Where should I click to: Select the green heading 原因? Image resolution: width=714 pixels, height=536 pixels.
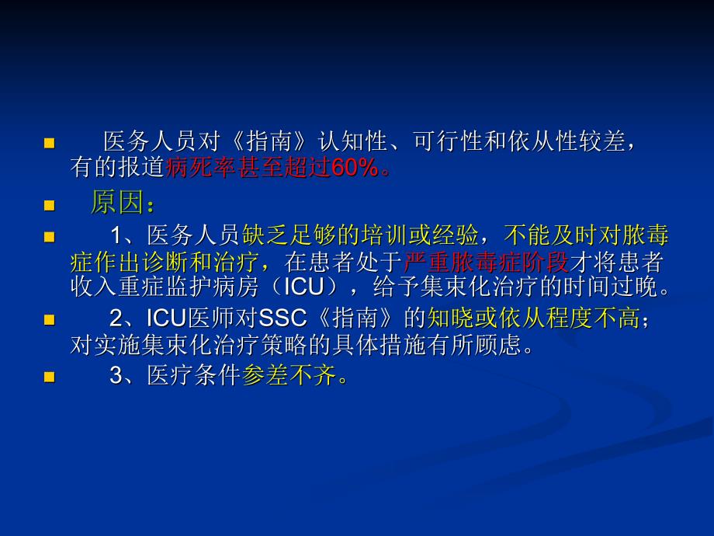click(x=117, y=203)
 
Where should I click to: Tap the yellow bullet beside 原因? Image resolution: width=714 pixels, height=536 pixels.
click(x=49, y=206)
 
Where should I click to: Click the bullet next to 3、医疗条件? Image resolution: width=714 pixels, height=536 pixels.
click(x=49, y=377)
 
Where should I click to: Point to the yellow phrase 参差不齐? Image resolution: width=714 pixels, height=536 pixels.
click(x=289, y=375)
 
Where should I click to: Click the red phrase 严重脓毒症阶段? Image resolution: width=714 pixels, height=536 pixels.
click(x=486, y=262)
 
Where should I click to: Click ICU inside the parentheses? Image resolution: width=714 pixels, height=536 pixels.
click(x=303, y=287)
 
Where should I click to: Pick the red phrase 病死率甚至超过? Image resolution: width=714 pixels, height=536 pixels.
click(x=248, y=168)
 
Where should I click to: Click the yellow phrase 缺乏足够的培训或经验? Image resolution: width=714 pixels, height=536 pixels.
click(x=360, y=235)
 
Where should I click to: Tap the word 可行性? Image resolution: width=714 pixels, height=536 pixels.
click(x=449, y=141)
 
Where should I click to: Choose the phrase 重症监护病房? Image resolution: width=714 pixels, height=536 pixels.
click(x=188, y=287)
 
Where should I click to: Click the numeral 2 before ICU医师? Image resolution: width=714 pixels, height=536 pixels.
click(x=116, y=318)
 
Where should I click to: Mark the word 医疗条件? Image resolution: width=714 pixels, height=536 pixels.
click(x=193, y=375)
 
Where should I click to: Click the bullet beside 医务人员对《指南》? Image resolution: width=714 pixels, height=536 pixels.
click(x=49, y=144)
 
